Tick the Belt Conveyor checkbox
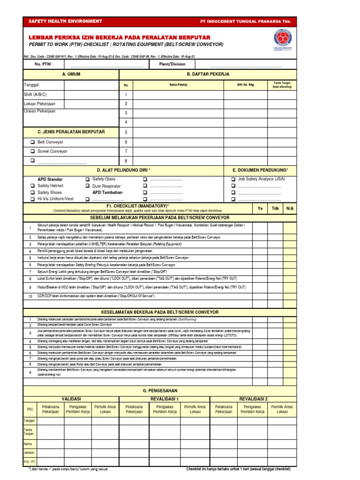(32, 142)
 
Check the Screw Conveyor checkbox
(32, 151)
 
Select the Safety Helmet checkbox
(32, 186)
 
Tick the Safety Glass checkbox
(87, 179)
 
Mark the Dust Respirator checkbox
(87, 186)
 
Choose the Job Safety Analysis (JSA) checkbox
(233, 179)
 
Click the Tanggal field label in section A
(31, 85)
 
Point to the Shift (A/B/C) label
(35, 94)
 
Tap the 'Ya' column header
(260, 208)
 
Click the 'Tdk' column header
(275, 208)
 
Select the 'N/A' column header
(290, 208)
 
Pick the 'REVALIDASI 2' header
(253, 398)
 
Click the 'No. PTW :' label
(44, 64)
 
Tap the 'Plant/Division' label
(172, 64)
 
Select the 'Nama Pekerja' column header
(178, 85)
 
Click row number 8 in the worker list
(126, 161)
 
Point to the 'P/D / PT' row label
(30, 462)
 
